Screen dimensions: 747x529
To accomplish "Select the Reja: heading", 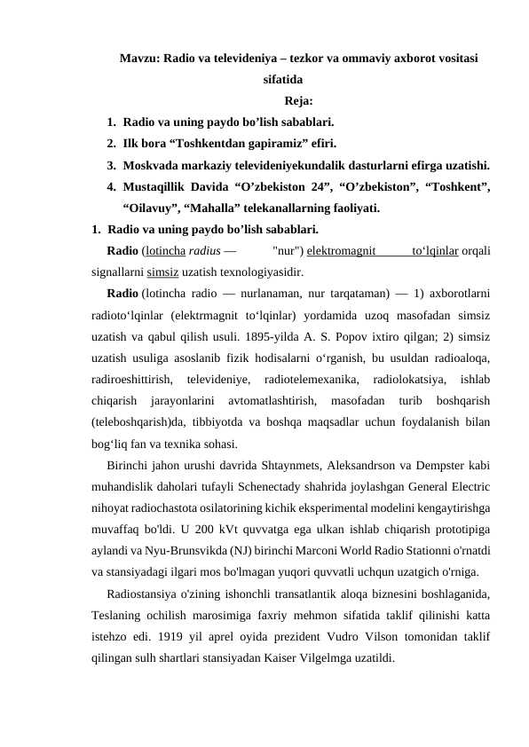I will [299, 100].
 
